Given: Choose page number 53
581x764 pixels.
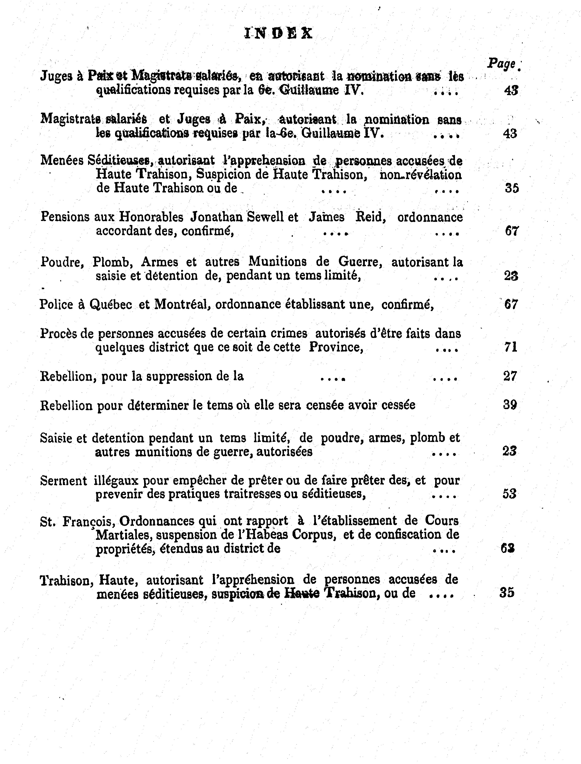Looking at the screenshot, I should pos(509,494).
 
